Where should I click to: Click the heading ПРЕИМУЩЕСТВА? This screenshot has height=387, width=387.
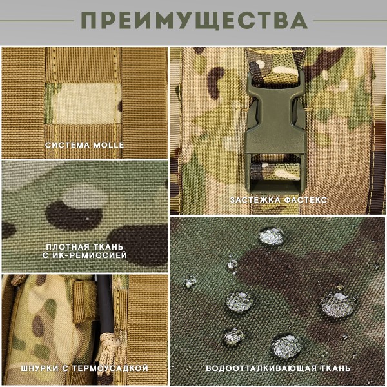pos(193,21)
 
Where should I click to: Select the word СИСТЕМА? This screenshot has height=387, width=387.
pos(66,145)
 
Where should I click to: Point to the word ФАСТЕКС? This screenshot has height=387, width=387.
pos(304,200)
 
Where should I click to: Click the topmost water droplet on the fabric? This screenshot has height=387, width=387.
pos(271,236)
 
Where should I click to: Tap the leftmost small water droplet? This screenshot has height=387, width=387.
pos(190,282)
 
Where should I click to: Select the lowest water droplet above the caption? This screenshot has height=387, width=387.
pos(284,346)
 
